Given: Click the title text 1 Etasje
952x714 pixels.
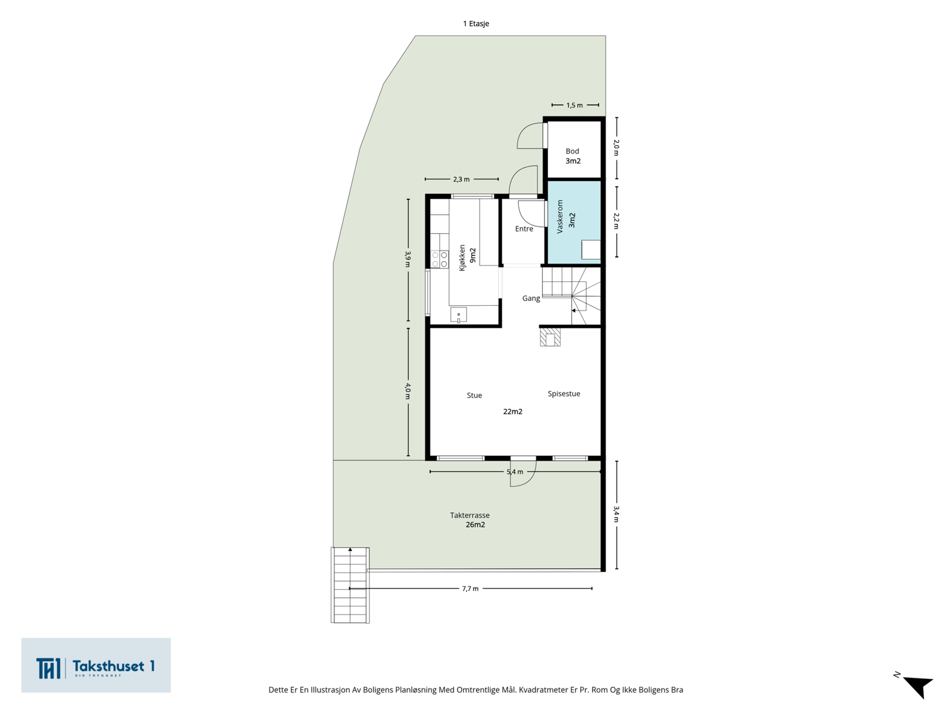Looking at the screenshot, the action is click(x=476, y=23).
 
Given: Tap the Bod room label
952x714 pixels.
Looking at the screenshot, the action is click(x=572, y=151).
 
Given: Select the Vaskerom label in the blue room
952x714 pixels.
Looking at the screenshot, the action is click(x=559, y=217).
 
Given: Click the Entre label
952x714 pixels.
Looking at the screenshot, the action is click(x=524, y=228).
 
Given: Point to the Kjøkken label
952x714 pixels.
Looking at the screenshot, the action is click(x=462, y=258).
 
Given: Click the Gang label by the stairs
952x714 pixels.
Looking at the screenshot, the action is click(x=531, y=298).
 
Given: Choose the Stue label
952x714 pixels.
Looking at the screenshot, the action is click(x=474, y=395).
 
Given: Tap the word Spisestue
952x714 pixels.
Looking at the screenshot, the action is click(x=563, y=394).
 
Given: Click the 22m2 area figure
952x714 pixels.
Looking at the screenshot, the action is click(x=513, y=411).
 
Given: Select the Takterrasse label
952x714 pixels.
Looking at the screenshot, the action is click(x=469, y=515).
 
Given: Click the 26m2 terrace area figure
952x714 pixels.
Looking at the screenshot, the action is click(x=475, y=525).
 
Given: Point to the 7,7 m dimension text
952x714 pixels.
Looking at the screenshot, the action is click(x=470, y=588).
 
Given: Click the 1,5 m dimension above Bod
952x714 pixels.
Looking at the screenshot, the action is click(x=575, y=105).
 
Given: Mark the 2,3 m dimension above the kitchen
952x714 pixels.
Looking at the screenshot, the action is click(x=462, y=179).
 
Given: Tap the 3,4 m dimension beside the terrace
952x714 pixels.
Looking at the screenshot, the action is click(x=616, y=514).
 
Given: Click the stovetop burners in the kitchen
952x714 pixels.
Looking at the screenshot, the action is click(x=439, y=259).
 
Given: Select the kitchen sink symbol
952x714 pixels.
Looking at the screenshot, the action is click(x=458, y=315).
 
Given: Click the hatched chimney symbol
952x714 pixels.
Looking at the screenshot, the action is click(x=550, y=337).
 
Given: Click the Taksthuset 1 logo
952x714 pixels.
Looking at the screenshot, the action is click(x=96, y=665).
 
